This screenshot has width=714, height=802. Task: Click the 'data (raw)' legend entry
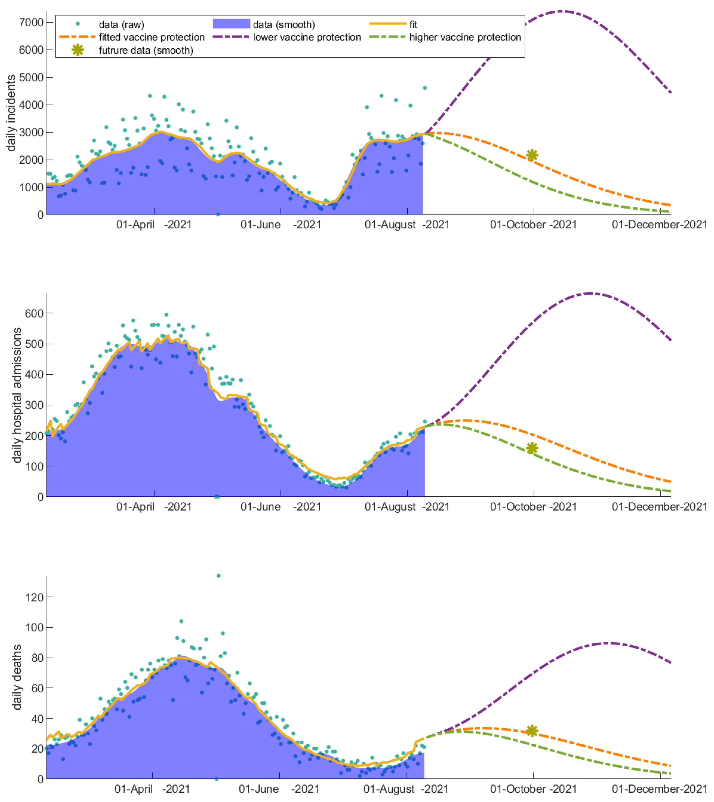121,25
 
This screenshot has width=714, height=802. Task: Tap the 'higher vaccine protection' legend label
465,37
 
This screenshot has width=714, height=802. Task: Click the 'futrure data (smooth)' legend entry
146,50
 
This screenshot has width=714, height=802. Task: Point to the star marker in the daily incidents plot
532,155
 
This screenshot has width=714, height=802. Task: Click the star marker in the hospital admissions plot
532,448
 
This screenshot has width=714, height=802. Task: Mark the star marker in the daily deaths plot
532,731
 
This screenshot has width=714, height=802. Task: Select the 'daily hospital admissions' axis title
17,395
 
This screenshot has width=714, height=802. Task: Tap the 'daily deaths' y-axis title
17,677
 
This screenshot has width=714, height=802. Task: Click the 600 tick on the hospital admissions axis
34,313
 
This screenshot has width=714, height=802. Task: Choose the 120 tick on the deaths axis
34,597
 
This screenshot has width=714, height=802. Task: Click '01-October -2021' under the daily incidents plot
533,225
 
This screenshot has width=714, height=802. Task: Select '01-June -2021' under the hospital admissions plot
280,507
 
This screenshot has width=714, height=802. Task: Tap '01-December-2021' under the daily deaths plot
659,789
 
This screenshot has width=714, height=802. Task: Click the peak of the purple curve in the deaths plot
608,643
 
